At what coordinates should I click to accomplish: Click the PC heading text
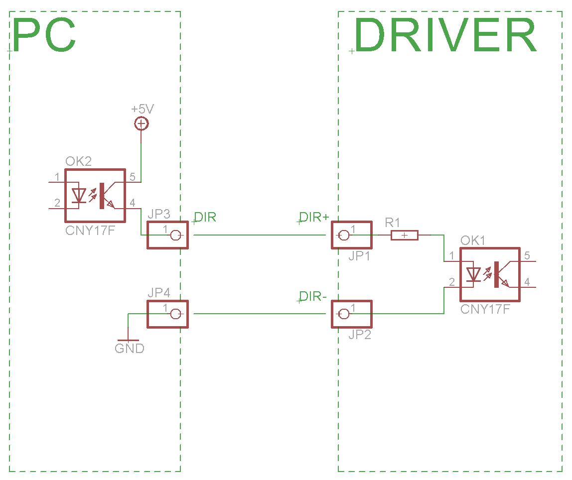tap(44, 36)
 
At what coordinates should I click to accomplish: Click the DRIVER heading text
tap(445, 36)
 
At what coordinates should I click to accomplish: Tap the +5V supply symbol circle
tap(142, 124)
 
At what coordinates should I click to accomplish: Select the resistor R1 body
tap(404, 235)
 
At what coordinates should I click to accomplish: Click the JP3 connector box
tap(167, 235)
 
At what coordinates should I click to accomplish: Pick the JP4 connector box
tap(167, 314)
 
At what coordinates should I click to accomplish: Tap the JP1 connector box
tap(352, 235)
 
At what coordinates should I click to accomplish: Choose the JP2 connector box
tap(352, 314)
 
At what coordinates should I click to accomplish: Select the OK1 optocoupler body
tap(489, 274)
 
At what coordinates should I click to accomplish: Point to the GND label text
tap(130, 349)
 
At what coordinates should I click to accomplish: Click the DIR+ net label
tap(314, 218)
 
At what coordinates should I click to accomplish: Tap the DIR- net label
tap(313, 297)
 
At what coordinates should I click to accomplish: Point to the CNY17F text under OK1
tap(485, 309)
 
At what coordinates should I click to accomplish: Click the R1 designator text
tap(393, 222)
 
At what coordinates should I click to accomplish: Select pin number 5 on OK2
tap(132, 177)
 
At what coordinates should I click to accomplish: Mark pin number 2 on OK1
tap(451, 282)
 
